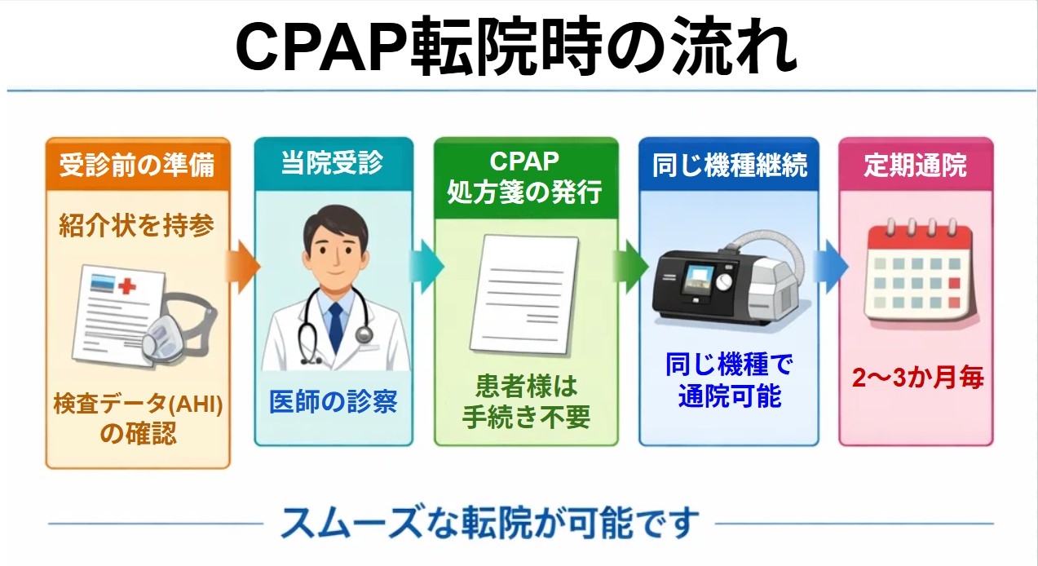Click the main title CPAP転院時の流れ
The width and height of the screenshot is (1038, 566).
pyautogui.click(x=516, y=46)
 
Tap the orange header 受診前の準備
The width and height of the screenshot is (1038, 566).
pyautogui.click(x=138, y=165)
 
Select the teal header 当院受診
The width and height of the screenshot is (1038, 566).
pyautogui.click(x=333, y=163)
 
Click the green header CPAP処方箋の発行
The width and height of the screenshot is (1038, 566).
pyautogui.click(x=525, y=177)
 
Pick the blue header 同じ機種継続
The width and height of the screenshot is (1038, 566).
pyautogui.click(x=730, y=165)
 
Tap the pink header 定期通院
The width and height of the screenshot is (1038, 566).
pyautogui.click(x=915, y=165)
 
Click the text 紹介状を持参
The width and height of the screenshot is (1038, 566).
pyautogui.click(x=137, y=226)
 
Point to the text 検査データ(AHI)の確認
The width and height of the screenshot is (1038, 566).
pyautogui.click(x=138, y=418)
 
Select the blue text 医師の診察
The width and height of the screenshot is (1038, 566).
pyautogui.click(x=333, y=401)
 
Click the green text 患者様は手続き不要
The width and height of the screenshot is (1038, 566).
pyautogui.click(x=526, y=401)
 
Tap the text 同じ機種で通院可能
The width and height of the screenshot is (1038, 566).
pyautogui.click(x=730, y=380)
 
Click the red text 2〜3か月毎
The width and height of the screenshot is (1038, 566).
pyautogui.click(x=917, y=378)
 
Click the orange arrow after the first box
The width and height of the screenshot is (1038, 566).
pyautogui.click(x=243, y=267)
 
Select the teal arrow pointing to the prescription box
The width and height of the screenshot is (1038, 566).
pyautogui.click(x=426, y=267)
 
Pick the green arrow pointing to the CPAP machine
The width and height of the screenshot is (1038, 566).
pyautogui.click(x=630, y=267)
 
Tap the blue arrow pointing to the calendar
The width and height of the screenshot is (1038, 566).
pyautogui.click(x=831, y=267)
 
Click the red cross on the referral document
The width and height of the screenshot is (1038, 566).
pyautogui.click(x=126, y=286)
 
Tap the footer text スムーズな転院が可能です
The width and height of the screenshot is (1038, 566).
pyautogui.click(x=489, y=523)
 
